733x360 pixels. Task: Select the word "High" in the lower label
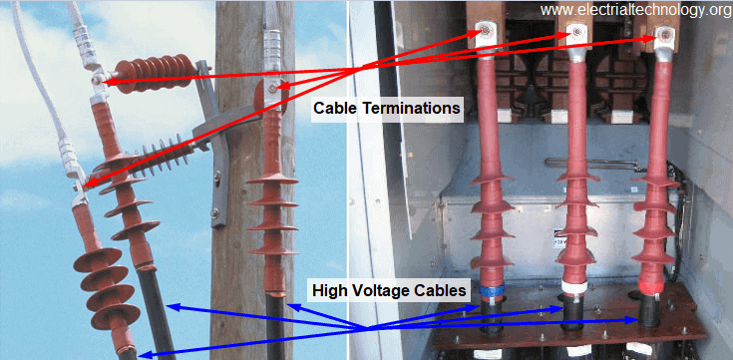[x=330, y=290]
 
